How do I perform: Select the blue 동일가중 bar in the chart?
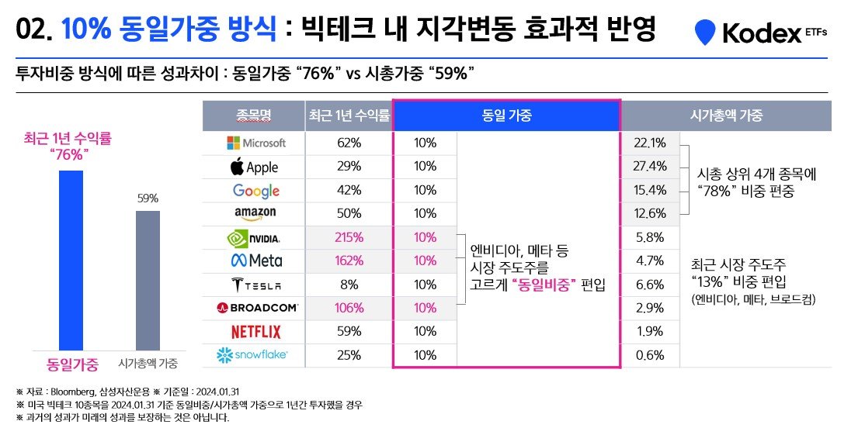coord(71,260)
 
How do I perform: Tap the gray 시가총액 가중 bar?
coord(148,280)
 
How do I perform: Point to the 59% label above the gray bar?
coord(148,198)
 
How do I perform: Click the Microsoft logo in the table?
coord(255,143)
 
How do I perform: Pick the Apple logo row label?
coord(255,167)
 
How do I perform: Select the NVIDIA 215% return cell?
coord(349,237)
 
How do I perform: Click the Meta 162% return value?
coord(349,261)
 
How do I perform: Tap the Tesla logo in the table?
coord(255,285)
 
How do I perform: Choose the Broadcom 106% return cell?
coord(349,308)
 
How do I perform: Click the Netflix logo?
coord(255,332)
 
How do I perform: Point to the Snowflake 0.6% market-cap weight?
coord(650,355)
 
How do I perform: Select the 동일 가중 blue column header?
coord(506,116)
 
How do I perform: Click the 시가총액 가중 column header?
coord(726,116)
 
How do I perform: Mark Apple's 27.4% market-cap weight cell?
coord(650,166)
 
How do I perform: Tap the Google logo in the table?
coord(255,190)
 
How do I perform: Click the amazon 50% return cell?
coord(349,213)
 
